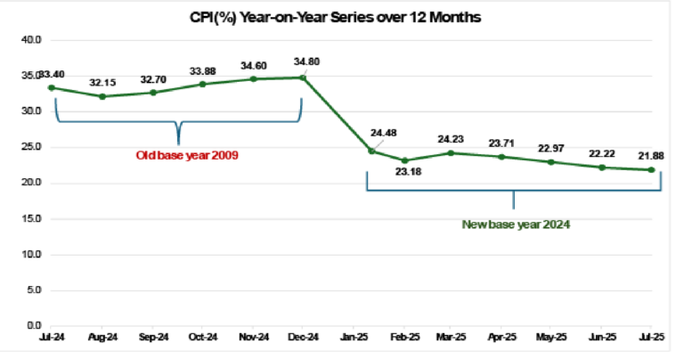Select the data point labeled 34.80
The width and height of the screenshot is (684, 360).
[303, 78]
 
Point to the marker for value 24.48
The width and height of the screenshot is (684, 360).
[370, 151]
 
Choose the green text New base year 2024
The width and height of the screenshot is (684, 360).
[516, 224]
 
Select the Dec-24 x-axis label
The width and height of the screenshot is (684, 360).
[303, 338]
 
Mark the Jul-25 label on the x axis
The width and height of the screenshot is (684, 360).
[654, 338]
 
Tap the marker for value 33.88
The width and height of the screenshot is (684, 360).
[203, 84]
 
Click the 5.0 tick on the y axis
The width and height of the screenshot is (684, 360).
[35, 290]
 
